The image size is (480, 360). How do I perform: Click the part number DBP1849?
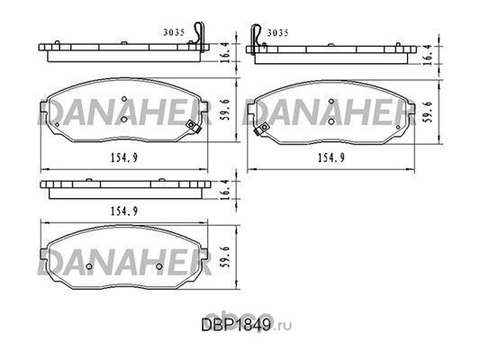point(236,326)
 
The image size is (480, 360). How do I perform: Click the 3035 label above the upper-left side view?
point(174,32)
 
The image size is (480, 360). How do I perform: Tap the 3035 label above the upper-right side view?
point(277,32)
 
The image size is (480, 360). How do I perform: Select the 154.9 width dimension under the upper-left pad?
point(124,157)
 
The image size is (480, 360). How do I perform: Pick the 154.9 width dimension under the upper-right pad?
point(331,157)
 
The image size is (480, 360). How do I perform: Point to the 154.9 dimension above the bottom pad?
point(124,211)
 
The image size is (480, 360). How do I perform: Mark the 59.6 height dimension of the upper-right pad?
point(430,112)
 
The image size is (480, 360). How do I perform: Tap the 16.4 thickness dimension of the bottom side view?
point(225,190)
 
